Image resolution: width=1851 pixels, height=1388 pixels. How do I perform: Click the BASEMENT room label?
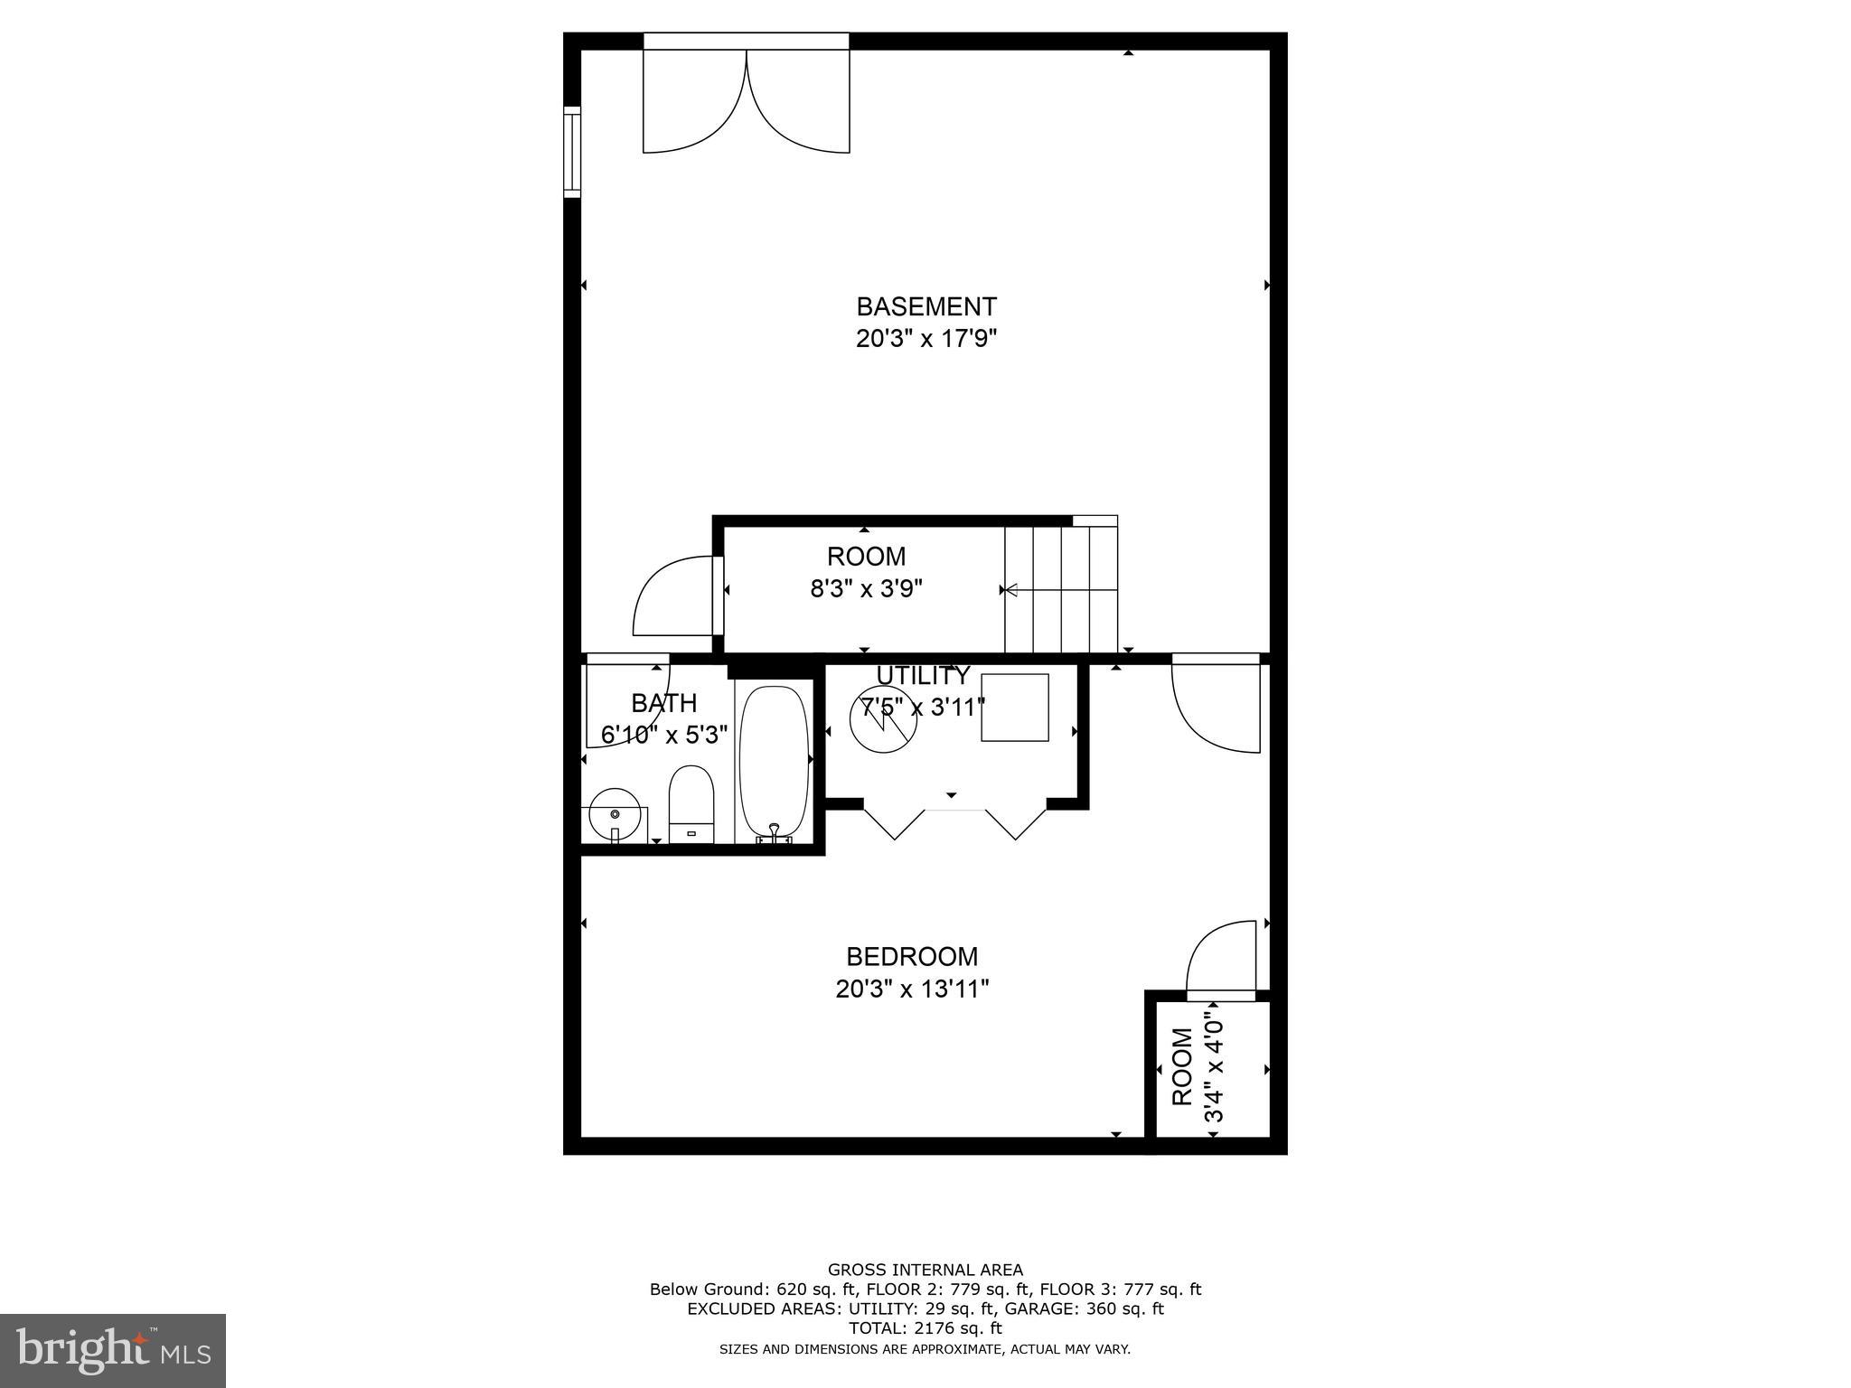pyautogui.click(x=925, y=306)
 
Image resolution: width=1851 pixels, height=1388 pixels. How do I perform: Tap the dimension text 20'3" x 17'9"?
pyautogui.click(x=925, y=340)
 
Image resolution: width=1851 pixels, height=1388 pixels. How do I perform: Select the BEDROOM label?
pyautogui.click(x=911, y=956)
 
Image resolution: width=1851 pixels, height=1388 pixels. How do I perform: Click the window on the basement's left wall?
pyautogui.click(x=572, y=152)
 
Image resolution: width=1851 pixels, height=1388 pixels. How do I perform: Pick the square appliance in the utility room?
pyautogui.click(x=1015, y=708)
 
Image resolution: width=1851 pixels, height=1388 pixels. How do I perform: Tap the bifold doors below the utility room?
pyautogui.click(x=954, y=821)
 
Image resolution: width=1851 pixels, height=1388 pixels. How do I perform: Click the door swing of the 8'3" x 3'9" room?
pyautogui.click(x=673, y=596)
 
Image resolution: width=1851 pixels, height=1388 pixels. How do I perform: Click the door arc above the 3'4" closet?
pyautogui.click(x=1221, y=959)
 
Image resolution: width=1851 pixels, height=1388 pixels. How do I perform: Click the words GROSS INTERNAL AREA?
pyautogui.click(x=925, y=1270)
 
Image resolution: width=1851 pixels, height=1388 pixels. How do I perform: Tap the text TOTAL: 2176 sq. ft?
pyautogui.click(x=925, y=1328)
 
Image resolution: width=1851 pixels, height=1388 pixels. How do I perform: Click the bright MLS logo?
pyautogui.click(x=112, y=1350)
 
